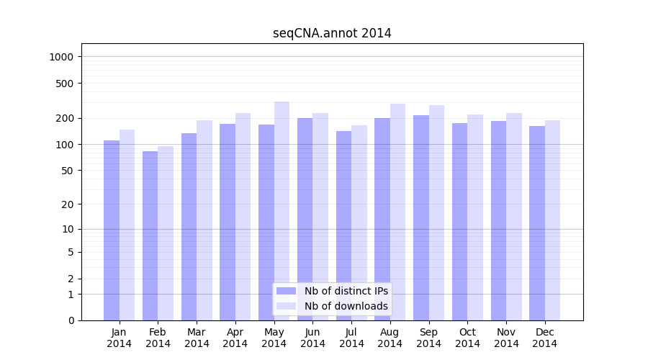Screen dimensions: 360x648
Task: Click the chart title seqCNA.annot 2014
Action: [332, 33]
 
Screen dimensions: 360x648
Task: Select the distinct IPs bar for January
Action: [112, 230]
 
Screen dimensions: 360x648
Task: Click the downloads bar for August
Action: [397, 212]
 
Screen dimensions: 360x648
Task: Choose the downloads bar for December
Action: [552, 220]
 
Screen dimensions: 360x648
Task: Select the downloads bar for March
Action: [204, 220]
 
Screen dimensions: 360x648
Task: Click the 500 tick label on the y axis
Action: [66, 84]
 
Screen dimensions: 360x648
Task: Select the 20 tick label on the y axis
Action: [68, 204]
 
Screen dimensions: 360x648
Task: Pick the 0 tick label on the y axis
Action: [71, 320]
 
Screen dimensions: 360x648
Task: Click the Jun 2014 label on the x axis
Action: [312, 338]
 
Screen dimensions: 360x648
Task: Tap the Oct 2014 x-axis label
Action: [467, 338]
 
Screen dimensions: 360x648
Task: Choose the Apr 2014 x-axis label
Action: [235, 338]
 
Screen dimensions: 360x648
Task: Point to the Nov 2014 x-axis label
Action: [506, 338]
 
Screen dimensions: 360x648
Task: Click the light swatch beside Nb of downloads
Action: [287, 306]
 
